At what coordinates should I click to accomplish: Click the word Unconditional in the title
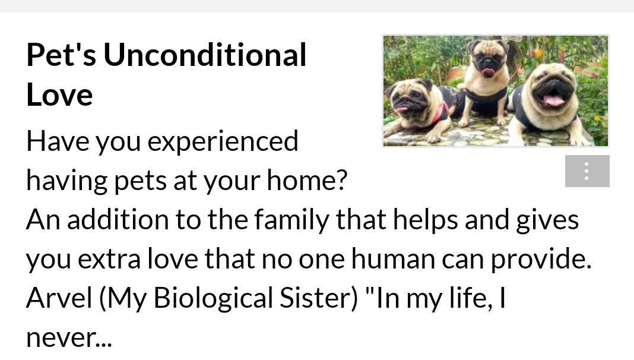[205, 55]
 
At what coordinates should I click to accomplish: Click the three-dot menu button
[587, 171]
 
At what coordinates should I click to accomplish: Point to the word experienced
[223, 141]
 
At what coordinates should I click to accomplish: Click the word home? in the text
[307, 180]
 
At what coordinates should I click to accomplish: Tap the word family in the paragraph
[291, 220]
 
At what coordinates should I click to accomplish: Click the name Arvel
[59, 298]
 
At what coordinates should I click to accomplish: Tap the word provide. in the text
[541, 259]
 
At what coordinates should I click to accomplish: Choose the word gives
[547, 220]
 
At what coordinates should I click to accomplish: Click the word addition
[118, 219]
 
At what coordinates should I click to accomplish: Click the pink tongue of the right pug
[553, 100]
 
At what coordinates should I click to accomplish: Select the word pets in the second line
[140, 181]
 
